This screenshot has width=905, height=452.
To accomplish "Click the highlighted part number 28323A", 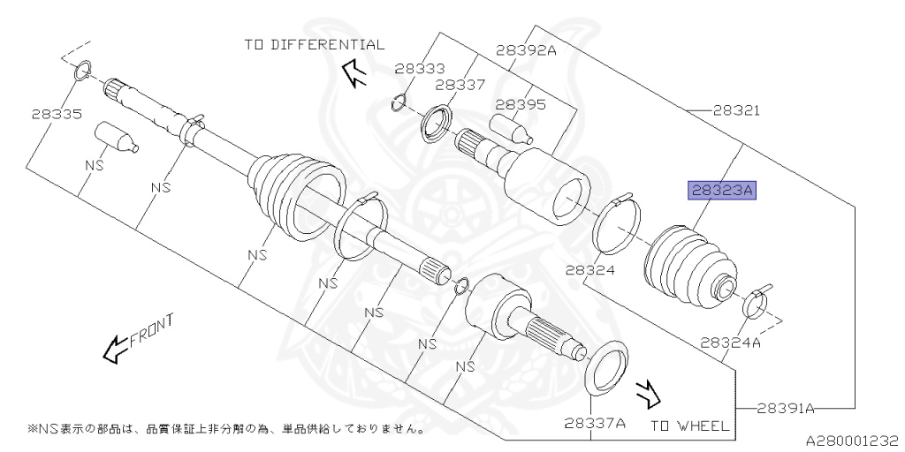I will point(724,189).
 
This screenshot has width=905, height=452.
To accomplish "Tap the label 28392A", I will point(526,50).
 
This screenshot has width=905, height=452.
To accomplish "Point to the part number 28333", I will point(420,67).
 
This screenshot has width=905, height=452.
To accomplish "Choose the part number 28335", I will point(56,114).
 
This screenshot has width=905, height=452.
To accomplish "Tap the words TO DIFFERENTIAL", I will point(315,44).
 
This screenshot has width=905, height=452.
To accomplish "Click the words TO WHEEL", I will point(690,426).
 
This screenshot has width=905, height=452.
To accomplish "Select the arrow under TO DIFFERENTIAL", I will point(355,74).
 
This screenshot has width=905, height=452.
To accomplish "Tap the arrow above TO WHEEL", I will point(647,389).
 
